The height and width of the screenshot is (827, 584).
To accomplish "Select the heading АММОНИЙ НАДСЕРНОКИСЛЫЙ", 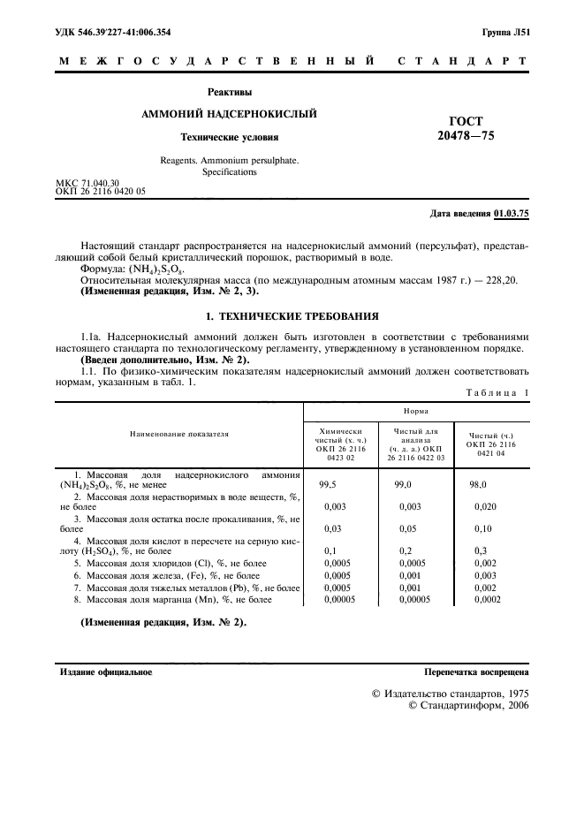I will (229, 114).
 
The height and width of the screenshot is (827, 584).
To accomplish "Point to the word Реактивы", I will (230, 90).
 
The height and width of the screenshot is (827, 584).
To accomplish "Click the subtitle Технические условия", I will (229, 138).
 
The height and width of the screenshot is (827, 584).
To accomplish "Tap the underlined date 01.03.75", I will (511, 214).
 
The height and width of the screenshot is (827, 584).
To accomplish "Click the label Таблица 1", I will (493, 392).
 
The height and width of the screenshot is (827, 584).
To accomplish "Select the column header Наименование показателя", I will (179, 435).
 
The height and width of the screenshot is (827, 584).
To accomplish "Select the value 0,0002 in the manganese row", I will (487, 600).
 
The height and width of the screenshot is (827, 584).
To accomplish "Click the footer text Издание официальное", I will (105, 672).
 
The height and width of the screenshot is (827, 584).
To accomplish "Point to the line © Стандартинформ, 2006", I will (468, 706).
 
